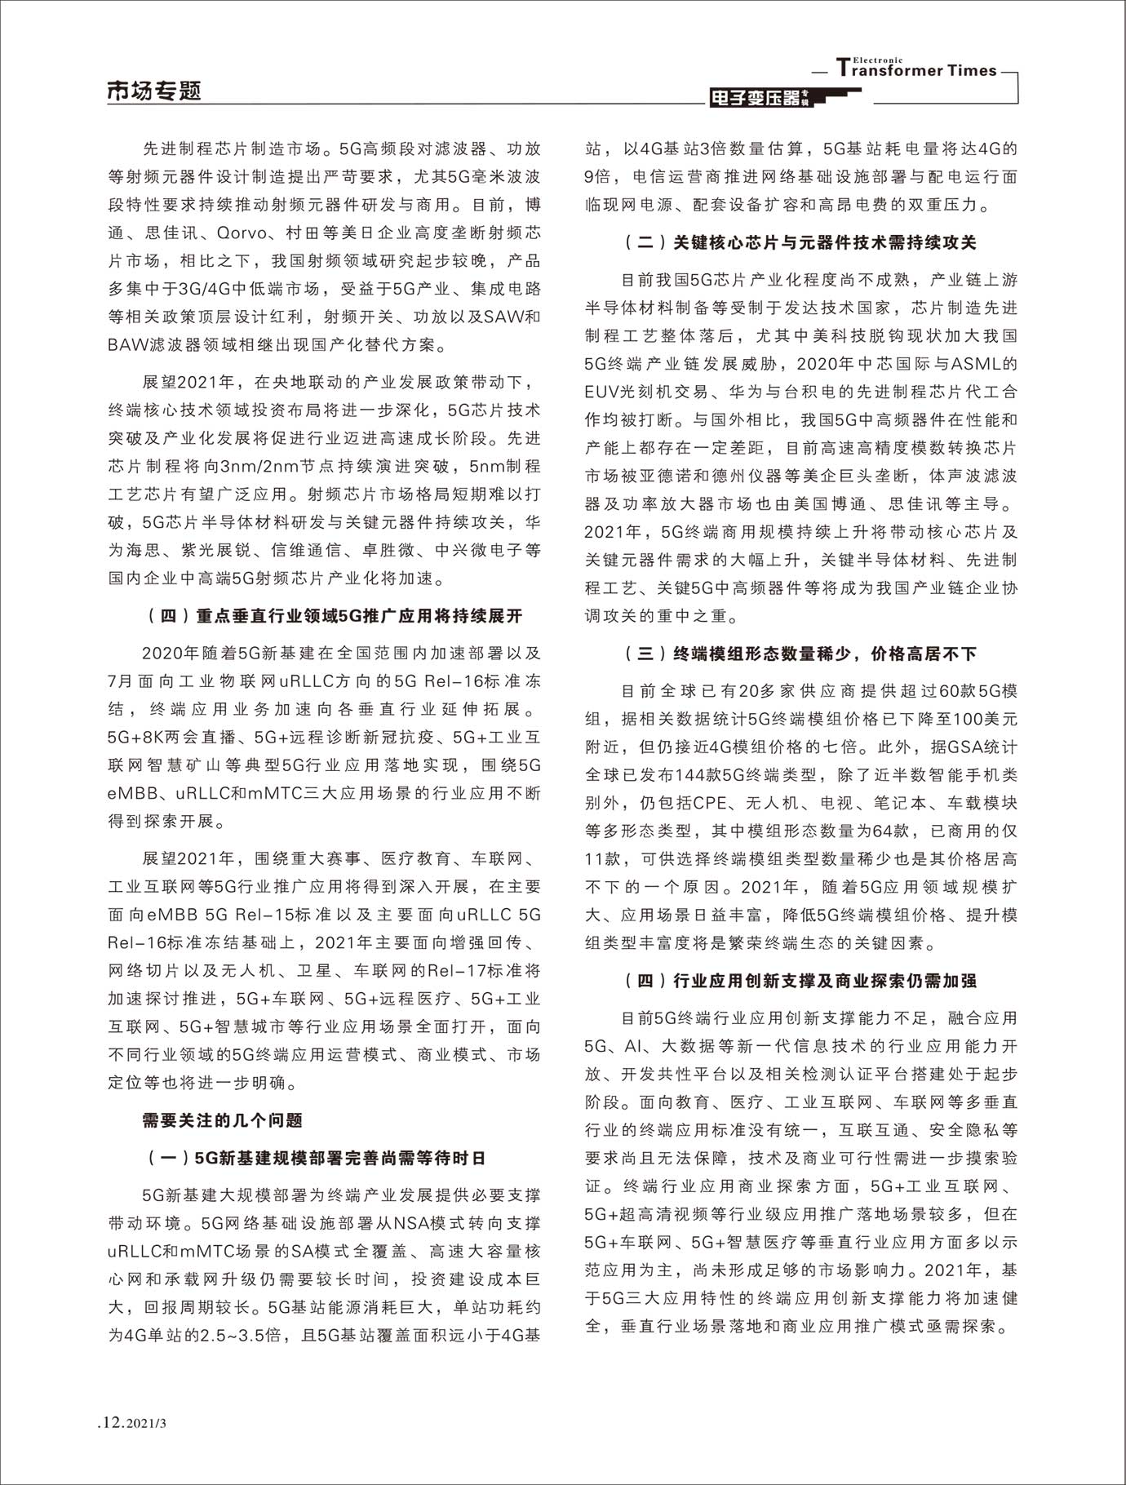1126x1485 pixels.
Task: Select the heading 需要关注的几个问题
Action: coord(223,1120)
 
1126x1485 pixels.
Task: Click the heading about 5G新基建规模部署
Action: coord(317,1158)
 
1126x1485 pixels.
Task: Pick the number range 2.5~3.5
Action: coord(240,1335)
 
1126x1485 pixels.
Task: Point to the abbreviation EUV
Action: coord(604,391)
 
